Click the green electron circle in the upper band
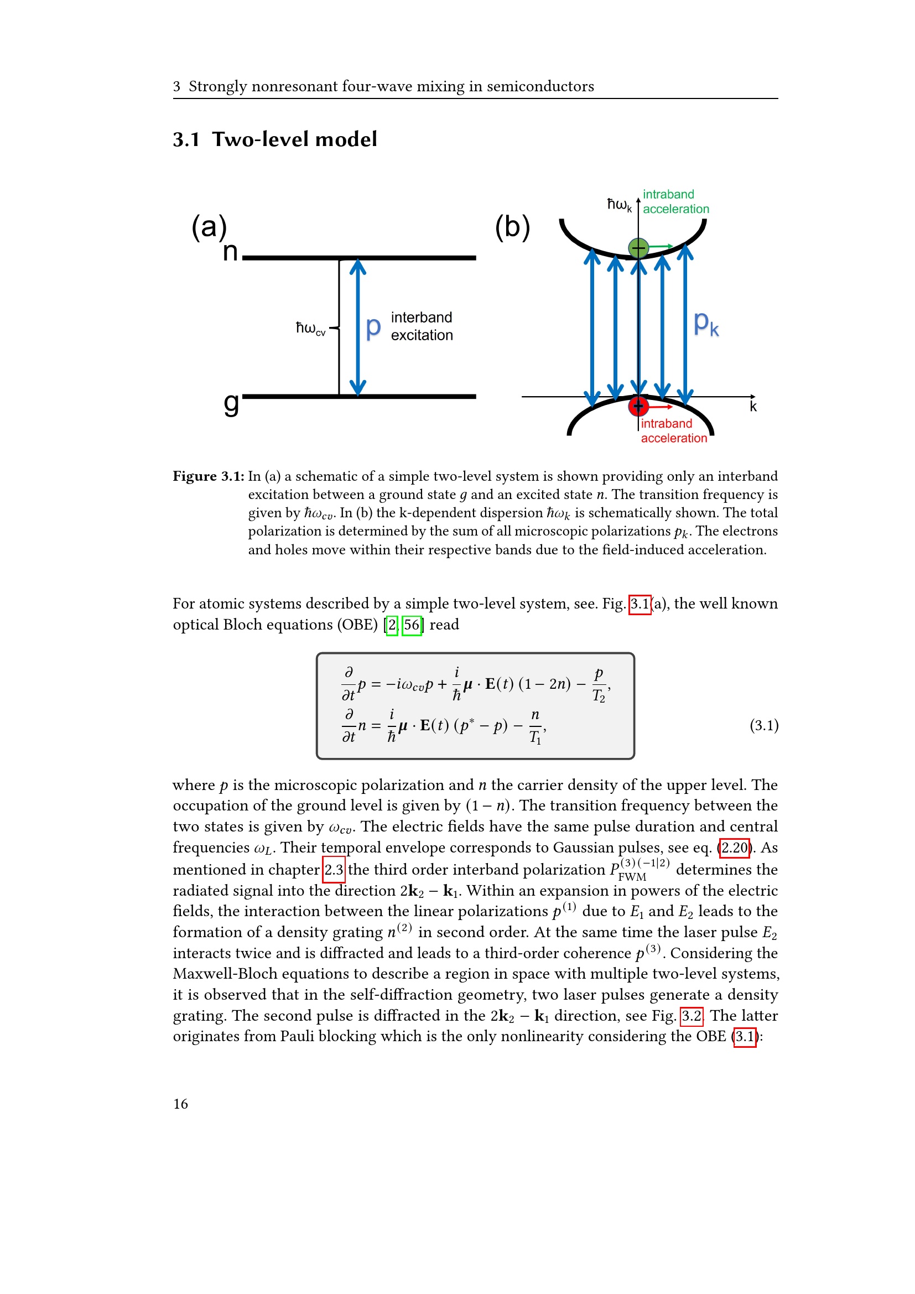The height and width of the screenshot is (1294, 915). click(x=638, y=247)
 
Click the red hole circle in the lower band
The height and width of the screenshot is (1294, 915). click(x=638, y=405)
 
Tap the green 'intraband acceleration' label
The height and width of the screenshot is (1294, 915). click(x=675, y=202)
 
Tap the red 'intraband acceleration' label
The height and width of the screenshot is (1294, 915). click(x=673, y=431)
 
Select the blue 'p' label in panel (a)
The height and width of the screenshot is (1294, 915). click(x=373, y=327)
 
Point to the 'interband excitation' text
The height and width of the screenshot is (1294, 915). click(x=422, y=326)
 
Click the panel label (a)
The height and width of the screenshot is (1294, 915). click(x=209, y=227)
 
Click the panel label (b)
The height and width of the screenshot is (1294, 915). click(x=512, y=227)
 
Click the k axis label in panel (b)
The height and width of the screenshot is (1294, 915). click(x=753, y=407)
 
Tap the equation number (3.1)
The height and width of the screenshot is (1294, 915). click(x=763, y=725)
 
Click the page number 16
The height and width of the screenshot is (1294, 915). click(x=180, y=1104)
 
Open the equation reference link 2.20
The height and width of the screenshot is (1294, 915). click(x=735, y=848)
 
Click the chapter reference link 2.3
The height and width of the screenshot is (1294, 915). click(x=334, y=870)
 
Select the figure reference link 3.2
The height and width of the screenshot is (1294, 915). click(x=692, y=1016)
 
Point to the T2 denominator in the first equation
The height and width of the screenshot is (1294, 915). click(x=599, y=697)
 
